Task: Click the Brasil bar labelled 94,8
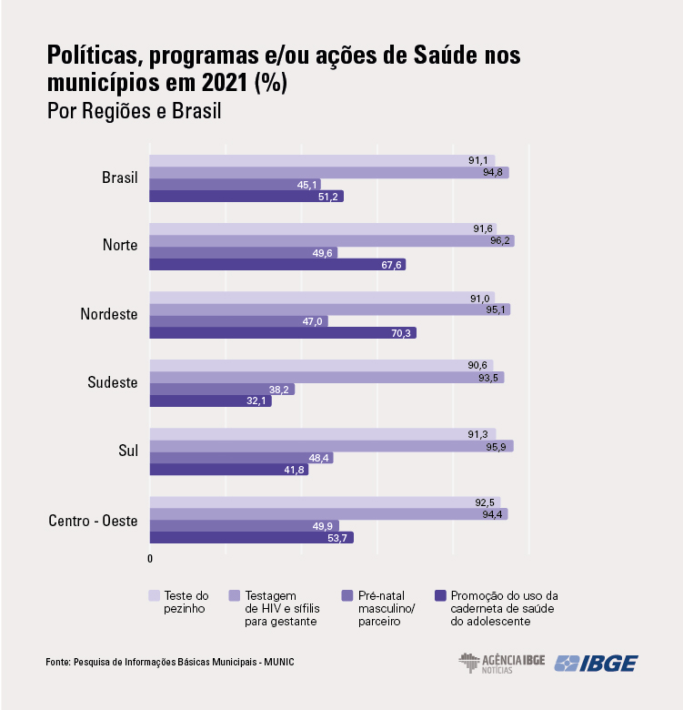[x=327, y=172]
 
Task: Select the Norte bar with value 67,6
[x=276, y=265]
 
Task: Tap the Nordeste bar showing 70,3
[x=282, y=333]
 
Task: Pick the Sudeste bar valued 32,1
[x=209, y=401]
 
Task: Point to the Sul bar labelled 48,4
[x=240, y=458]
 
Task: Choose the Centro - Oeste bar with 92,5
[x=324, y=502]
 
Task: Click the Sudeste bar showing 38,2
[x=221, y=390]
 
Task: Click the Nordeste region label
[x=108, y=314]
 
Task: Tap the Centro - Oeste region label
[x=93, y=521]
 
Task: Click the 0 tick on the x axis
[x=150, y=558]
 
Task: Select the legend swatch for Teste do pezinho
[x=156, y=596]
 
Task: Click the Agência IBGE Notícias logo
[x=501, y=663]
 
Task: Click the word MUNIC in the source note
[x=279, y=662]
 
